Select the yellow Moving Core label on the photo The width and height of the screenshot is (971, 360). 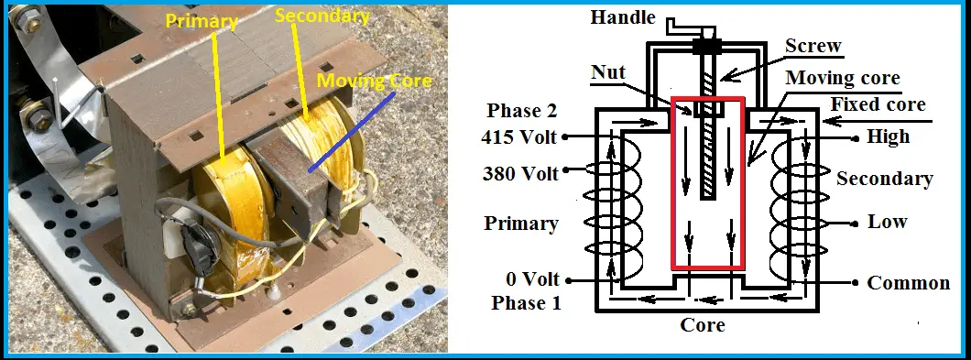pos(373,82)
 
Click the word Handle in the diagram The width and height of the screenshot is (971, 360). pos(622,16)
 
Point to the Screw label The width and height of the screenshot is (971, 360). pos(813,47)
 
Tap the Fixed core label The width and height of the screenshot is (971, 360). pos(878,104)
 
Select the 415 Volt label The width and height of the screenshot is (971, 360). pos(518,138)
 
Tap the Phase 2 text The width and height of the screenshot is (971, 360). pos(518,111)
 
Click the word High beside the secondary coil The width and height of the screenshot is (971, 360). pos(888,137)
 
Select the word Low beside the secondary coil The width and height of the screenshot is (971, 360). pos(887,222)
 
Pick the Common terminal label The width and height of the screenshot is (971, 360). pos(909,282)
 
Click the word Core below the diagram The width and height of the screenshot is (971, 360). pos(703,324)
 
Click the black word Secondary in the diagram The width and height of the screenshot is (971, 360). pos(884,179)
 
